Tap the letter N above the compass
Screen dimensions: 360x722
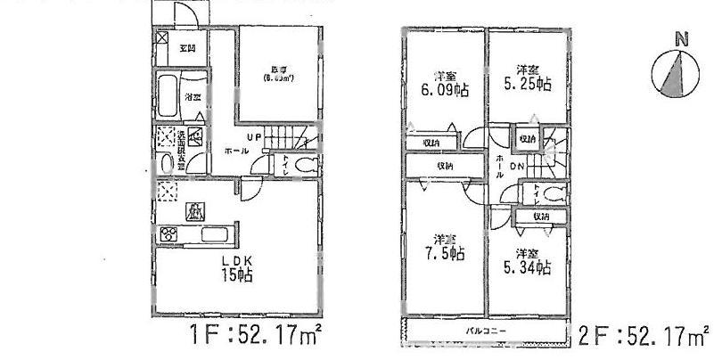click(x=681, y=38)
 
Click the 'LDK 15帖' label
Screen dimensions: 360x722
click(x=236, y=268)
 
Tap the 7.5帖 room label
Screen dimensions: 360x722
click(x=443, y=248)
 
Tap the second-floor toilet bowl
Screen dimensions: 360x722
click(x=554, y=194)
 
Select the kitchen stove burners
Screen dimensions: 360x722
click(x=168, y=235)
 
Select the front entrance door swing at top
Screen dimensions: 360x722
click(x=182, y=12)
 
